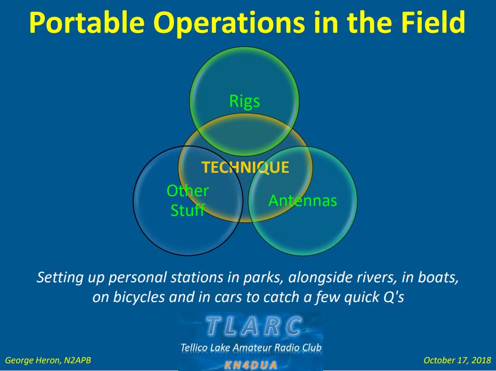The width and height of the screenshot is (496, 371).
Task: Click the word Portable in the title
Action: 87,22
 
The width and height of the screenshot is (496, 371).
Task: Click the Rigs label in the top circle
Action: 245,102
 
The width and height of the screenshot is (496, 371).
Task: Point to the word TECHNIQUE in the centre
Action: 246,168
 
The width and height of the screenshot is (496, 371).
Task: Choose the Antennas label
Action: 303,201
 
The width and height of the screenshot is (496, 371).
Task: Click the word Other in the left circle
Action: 187,191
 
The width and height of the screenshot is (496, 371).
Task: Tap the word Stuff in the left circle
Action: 188,210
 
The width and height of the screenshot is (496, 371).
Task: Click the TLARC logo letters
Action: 253,326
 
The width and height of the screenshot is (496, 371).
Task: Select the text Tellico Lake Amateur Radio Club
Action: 251,348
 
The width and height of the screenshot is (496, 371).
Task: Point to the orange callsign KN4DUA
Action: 250,365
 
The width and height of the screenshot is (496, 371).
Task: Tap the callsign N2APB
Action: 77,360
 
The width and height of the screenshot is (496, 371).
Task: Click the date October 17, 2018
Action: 457,360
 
